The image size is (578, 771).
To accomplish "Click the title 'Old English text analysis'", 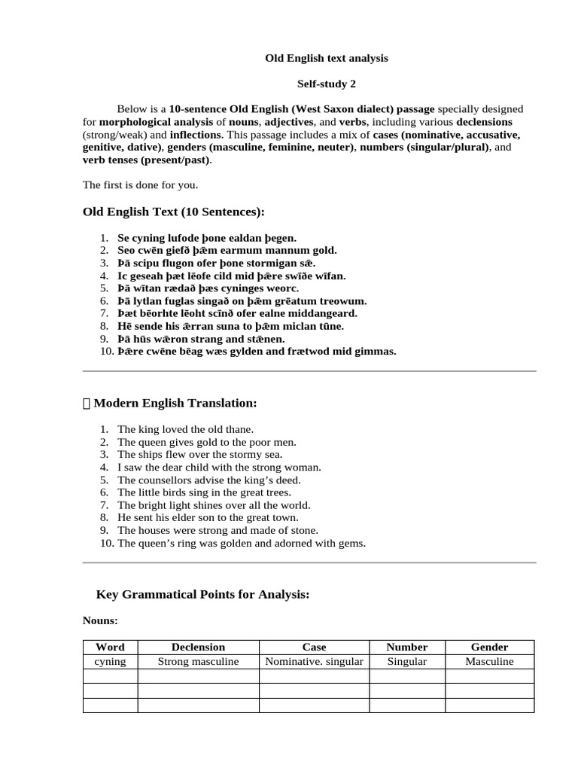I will [x=327, y=57].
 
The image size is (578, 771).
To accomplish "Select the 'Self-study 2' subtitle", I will [x=327, y=84].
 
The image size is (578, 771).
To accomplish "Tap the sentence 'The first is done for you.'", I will [x=140, y=184].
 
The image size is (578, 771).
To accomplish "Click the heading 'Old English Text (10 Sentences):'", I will [x=174, y=212].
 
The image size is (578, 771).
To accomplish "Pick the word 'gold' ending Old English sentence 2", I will [x=324, y=250].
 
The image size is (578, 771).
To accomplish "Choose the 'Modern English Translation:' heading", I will [x=175, y=404].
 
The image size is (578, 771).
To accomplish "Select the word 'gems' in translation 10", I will [x=351, y=543].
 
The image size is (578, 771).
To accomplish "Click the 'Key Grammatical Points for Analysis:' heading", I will [x=203, y=595].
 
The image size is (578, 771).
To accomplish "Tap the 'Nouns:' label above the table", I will [x=100, y=621].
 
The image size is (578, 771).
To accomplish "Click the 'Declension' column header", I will [x=198, y=647].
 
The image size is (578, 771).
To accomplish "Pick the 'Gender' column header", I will [x=489, y=647].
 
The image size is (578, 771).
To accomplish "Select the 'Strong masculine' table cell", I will [x=198, y=661].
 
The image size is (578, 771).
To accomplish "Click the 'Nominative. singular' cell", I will [x=315, y=661].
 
